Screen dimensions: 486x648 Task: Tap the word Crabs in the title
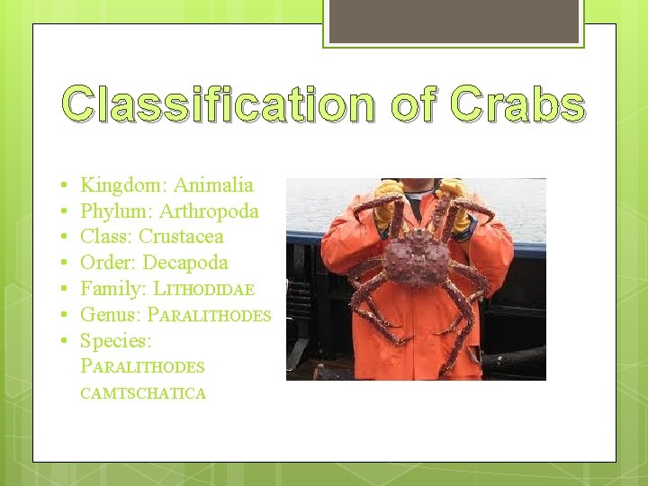coord(518,104)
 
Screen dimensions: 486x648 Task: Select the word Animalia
coord(213,185)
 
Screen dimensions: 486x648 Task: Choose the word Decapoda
coord(185,263)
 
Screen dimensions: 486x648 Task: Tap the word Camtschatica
coord(143,393)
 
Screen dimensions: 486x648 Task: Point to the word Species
coord(115,341)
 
